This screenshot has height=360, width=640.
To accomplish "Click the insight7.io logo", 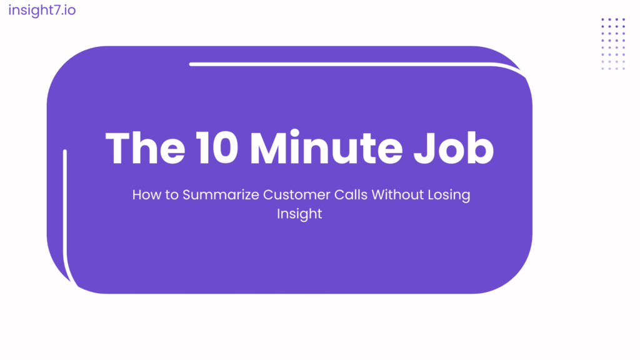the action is click(42, 10).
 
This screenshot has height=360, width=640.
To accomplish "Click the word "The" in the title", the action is click(145, 147).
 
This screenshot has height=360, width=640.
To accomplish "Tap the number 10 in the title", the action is click(217, 147).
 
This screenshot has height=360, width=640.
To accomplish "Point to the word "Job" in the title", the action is click(454, 147).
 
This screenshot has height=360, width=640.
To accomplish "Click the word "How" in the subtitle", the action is click(146, 195).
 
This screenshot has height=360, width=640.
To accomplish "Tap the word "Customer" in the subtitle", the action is click(296, 195).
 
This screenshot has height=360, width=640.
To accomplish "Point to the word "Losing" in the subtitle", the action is click(449, 196).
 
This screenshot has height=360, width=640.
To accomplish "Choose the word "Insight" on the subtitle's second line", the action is click(299, 214).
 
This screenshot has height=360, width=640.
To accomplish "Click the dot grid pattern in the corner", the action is click(613, 44).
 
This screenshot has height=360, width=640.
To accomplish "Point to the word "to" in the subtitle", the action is click(171, 195).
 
